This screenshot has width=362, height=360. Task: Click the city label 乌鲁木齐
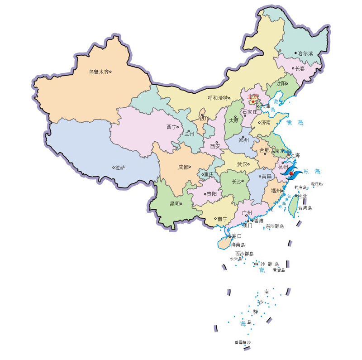(x=98, y=72)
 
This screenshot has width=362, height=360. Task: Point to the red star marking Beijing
(x=252, y=101)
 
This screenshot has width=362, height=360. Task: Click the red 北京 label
(x=253, y=96)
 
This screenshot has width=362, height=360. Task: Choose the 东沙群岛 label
(x=275, y=226)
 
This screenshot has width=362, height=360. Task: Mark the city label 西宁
(x=171, y=127)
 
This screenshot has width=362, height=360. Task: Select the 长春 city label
(x=300, y=69)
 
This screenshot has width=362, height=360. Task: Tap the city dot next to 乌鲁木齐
(x=110, y=72)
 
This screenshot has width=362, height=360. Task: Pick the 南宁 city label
(x=222, y=219)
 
